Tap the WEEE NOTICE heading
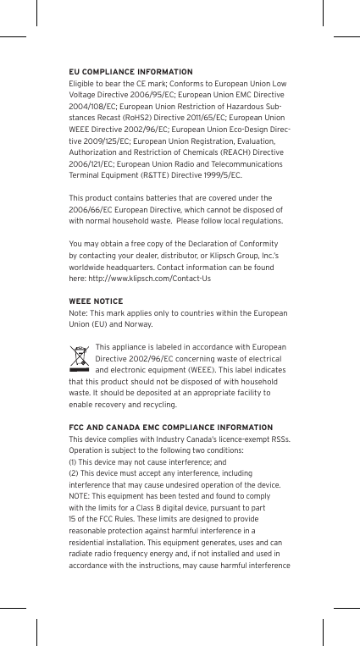pos(95,302)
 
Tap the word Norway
pos(136,324)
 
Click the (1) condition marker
pos(72,462)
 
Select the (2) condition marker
pos(72,473)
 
